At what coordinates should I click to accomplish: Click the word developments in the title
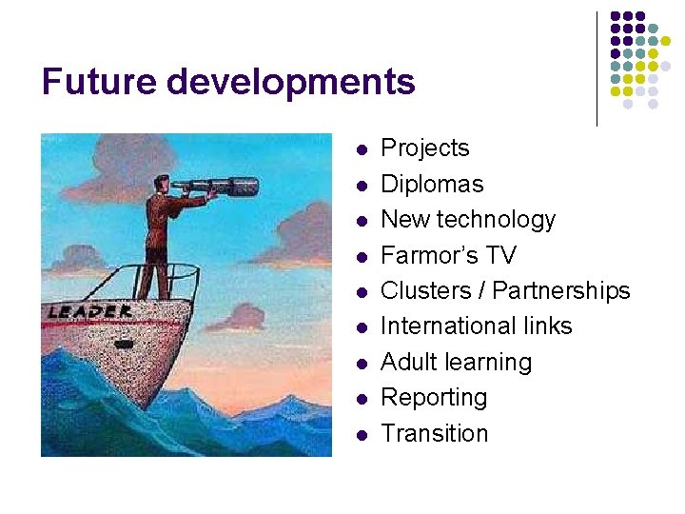291,84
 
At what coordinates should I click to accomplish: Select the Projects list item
424,148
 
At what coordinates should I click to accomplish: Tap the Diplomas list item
432,184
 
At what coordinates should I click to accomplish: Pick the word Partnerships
561,290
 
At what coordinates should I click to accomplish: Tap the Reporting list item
434,398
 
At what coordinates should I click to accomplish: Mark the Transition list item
434,433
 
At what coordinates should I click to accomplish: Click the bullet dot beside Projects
361,150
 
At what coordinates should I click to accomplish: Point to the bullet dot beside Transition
361,435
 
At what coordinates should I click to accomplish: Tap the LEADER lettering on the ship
91,311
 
